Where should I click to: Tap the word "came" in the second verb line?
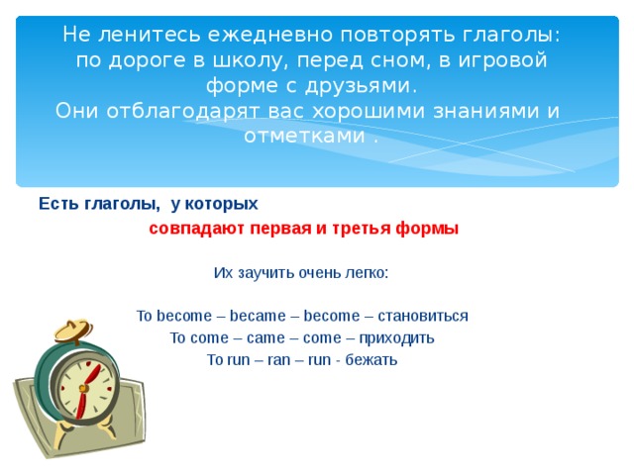pos(264,337)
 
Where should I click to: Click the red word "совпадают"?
pos(190,229)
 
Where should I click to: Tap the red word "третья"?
pos(356,229)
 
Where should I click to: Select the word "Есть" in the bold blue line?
pos(55,204)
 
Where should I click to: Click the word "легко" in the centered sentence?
pos(366,272)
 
